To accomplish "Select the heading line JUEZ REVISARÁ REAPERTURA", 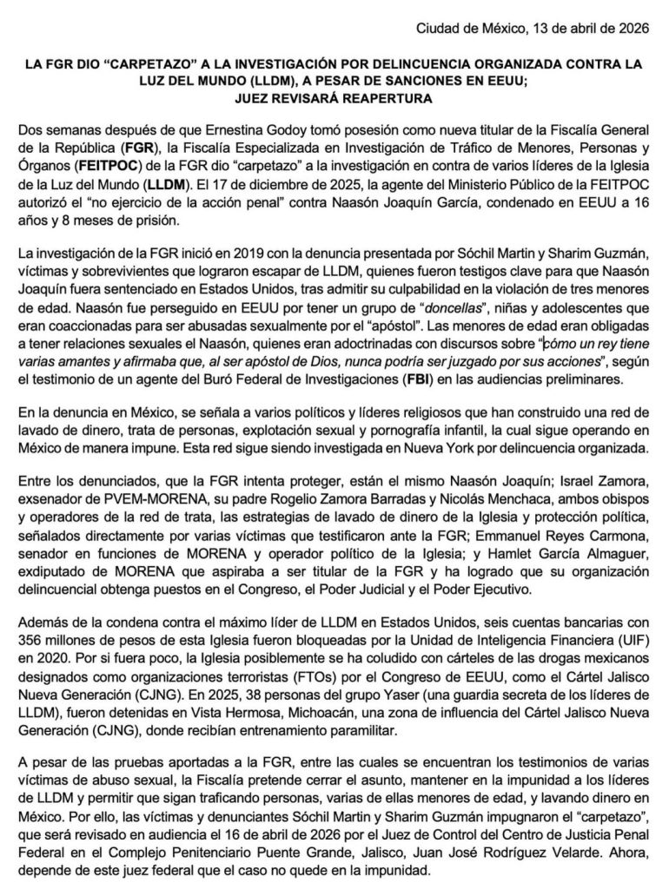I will (334, 99).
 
